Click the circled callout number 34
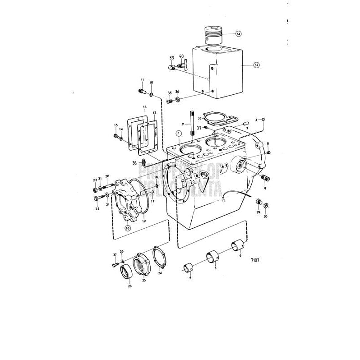tap(238, 34)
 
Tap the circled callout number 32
tap(256, 65)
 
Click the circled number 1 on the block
tap(179, 133)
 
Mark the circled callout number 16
tap(128, 228)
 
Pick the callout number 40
tap(181, 57)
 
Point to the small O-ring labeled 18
tap(156, 185)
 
